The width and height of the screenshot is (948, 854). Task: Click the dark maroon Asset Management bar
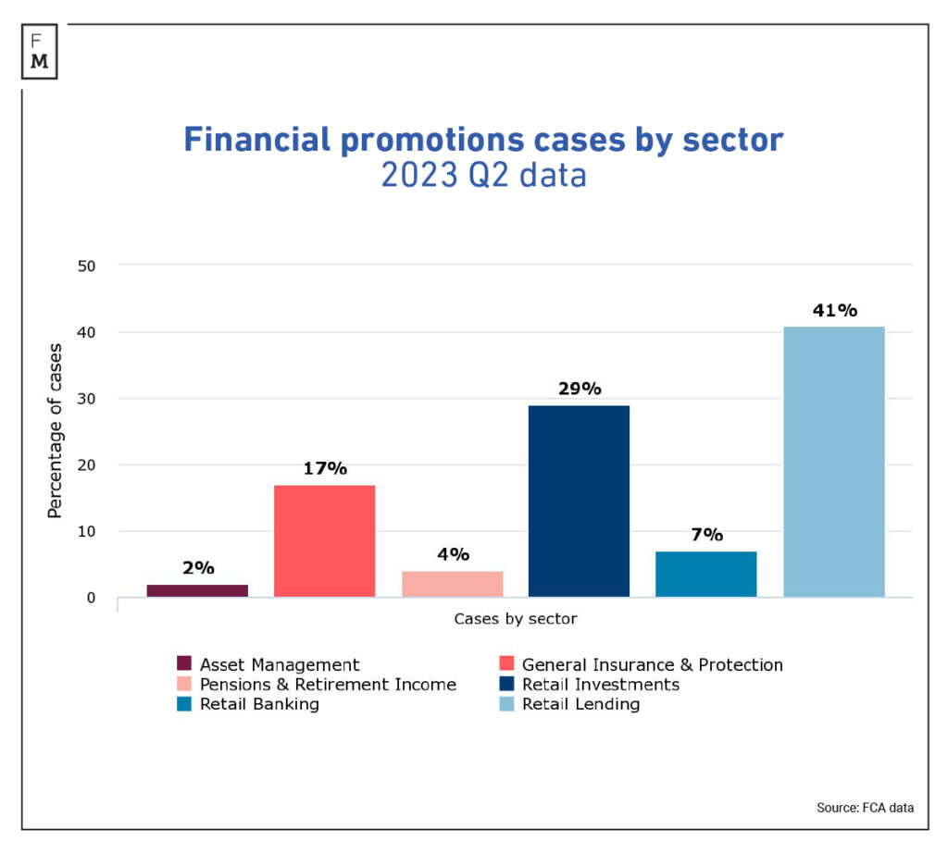197,590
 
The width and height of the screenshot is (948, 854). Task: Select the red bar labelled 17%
325,540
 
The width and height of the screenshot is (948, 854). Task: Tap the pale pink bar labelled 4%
453,584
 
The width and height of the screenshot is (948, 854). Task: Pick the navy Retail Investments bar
579,501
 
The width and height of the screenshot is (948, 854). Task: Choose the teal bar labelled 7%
706,574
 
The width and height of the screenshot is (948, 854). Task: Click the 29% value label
580,389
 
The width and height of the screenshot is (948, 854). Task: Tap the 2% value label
198,568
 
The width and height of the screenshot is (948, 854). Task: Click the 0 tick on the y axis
91,598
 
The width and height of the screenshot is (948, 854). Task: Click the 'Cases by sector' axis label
515,618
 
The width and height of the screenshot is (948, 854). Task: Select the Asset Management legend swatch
184,664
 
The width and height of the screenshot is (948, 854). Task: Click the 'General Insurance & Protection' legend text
652,664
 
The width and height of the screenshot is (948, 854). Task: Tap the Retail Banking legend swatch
184,704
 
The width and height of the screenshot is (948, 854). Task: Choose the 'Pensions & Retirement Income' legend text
328,685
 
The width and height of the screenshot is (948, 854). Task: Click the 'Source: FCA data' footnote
865,808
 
